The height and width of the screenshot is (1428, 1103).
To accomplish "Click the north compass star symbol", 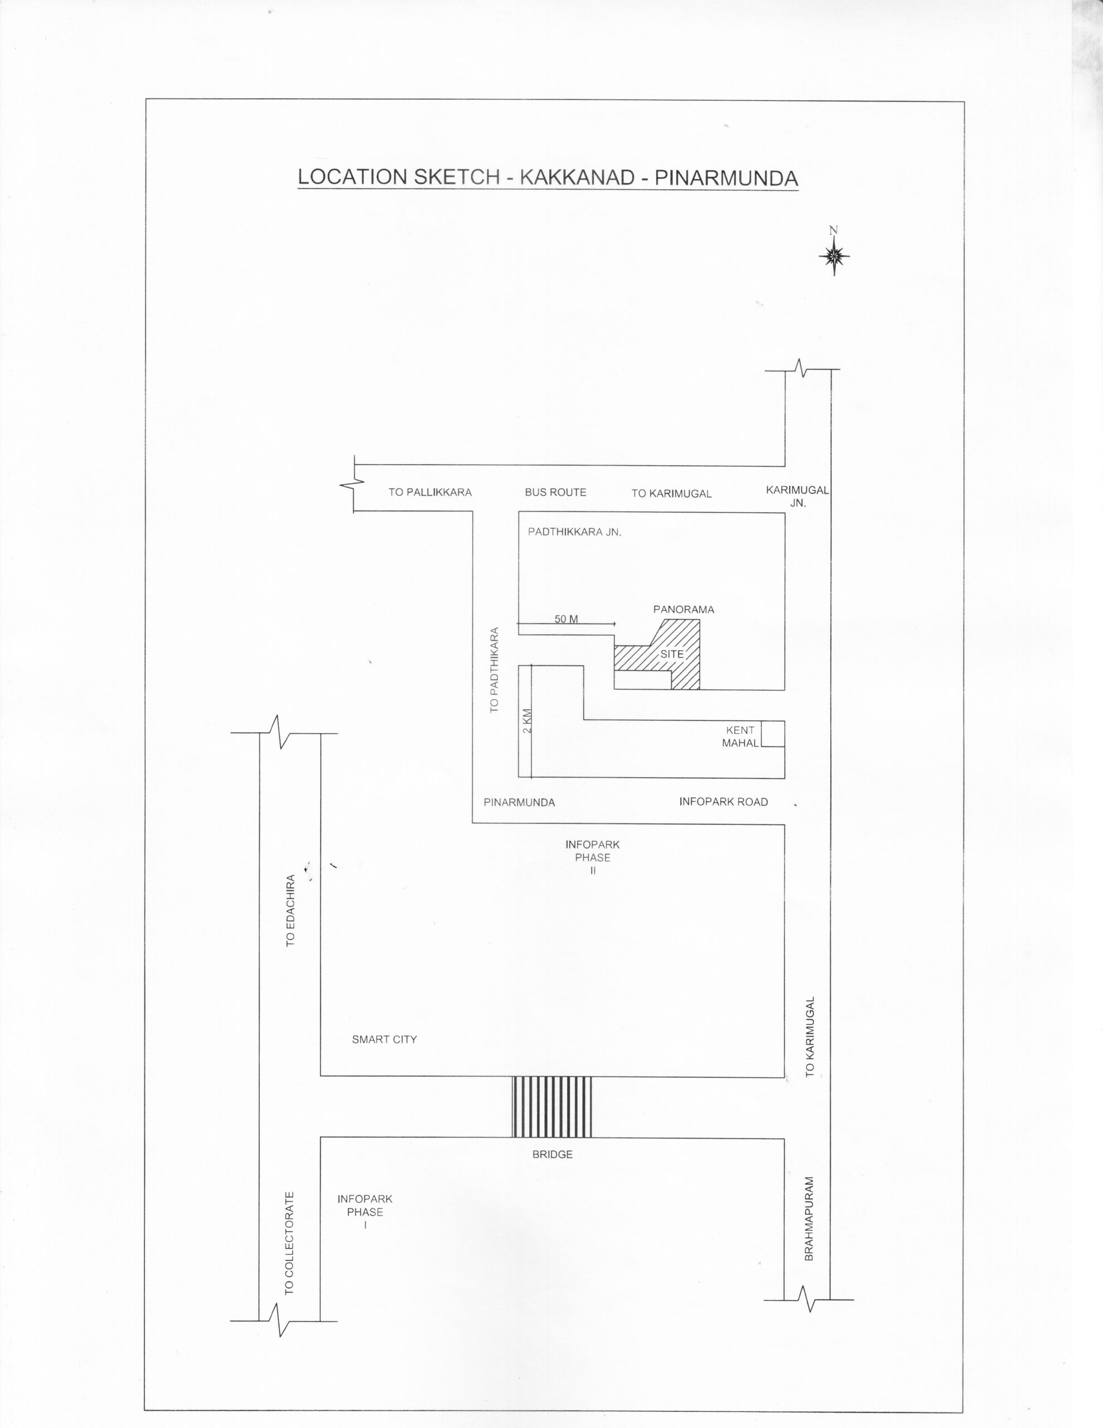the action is pos(834,256).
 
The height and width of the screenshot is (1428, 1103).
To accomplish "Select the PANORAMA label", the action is pos(684,609).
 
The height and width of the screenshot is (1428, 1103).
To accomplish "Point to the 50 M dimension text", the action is pos(566,619).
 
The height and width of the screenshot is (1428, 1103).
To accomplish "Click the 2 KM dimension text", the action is pos(528,721).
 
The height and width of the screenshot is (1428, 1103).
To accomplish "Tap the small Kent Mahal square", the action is pos(773,734).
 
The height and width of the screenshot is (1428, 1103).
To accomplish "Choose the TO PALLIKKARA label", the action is pos(430,493).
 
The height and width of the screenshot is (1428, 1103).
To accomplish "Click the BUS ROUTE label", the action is pos(556,493).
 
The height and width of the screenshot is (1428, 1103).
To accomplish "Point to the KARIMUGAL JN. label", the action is pos(797,496).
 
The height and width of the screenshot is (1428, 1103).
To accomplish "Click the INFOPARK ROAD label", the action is pos(724,802).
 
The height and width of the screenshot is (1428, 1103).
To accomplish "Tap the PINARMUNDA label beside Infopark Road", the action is pos(519,802).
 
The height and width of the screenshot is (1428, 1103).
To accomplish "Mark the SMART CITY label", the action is pos(384,1040).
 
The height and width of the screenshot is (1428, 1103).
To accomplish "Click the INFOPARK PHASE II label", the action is pos(592,858).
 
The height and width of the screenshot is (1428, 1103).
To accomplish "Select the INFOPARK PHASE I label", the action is pos(365,1212).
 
